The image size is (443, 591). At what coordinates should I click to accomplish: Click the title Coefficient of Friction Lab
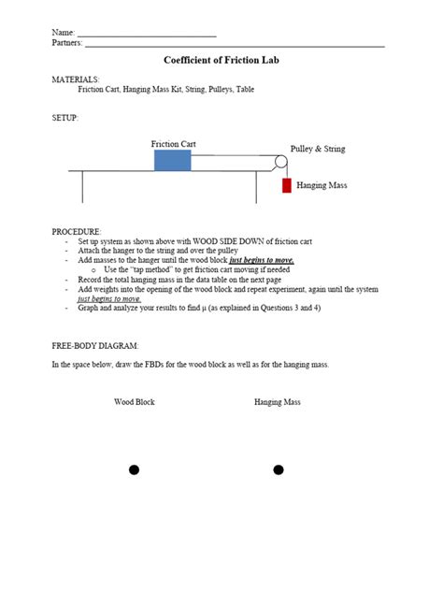point(221,60)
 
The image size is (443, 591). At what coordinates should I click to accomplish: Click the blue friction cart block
point(172,160)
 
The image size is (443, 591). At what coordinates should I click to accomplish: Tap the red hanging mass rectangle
point(287,185)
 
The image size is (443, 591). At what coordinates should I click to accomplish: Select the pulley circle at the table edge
point(280,163)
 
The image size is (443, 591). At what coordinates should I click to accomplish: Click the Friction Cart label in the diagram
point(173,144)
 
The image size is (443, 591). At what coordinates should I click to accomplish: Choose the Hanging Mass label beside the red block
point(322,186)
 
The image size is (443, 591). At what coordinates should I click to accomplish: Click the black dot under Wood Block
point(134,469)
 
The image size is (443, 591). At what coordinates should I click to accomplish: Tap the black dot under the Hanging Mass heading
point(278,469)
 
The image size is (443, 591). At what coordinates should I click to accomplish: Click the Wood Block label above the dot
point(135,402)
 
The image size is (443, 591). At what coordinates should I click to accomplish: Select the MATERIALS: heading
point(75,80)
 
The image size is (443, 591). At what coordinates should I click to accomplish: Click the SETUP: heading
point(64,118)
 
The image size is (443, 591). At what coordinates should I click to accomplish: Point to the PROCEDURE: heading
point(77,231)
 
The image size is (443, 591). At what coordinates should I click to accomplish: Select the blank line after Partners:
point(234,44)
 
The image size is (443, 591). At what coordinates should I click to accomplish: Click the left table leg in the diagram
point(83,187)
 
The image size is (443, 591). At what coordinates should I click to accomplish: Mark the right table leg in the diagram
point(256,187)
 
